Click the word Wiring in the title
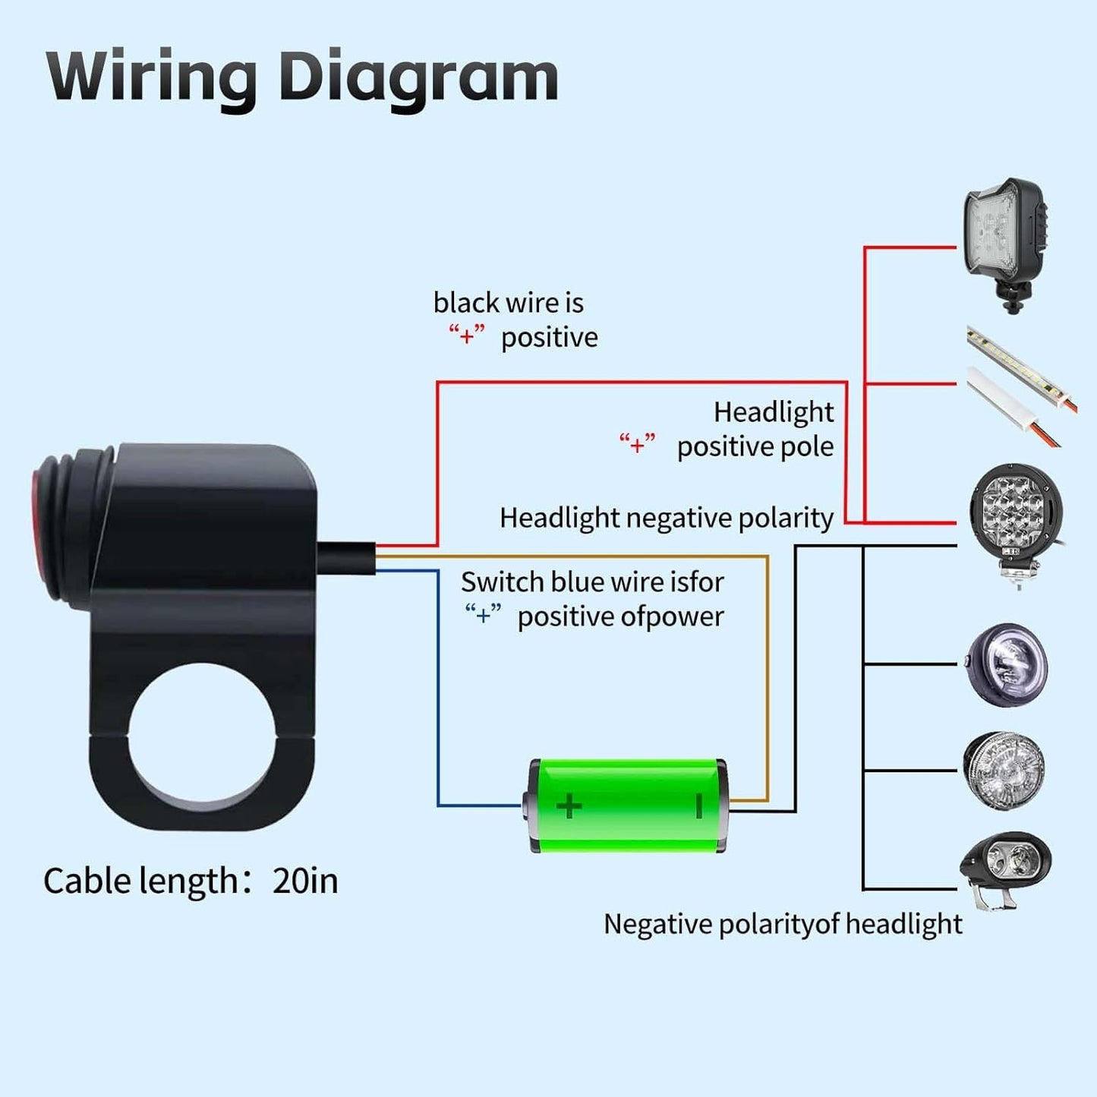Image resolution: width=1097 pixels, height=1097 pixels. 152,77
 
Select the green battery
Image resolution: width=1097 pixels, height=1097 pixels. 627,805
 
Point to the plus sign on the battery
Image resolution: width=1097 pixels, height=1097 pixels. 569,805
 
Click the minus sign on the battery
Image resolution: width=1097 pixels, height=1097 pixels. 699,805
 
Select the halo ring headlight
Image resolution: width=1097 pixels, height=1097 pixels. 1007,666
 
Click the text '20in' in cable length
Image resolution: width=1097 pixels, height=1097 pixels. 305,881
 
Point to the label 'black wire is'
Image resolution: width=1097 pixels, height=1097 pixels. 508,303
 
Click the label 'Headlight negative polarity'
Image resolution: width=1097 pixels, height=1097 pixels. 666,519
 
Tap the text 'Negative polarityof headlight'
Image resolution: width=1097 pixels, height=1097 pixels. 782,925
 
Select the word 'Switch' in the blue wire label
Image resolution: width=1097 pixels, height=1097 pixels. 502,582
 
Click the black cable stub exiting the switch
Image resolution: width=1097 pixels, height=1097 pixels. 346,557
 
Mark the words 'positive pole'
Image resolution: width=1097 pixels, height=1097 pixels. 755,446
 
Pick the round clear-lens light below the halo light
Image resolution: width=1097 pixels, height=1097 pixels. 1004,770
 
